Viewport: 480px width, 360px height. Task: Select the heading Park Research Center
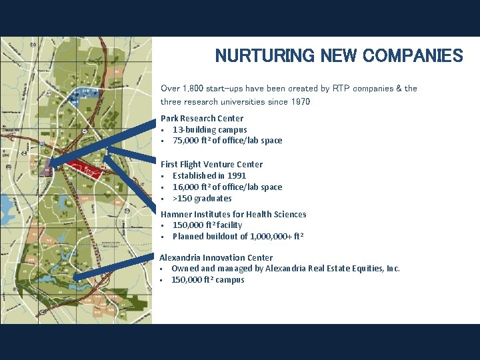[202, 118]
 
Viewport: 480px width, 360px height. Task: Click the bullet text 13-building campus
[209, 129]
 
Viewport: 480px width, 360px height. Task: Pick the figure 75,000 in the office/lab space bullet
[185, 141]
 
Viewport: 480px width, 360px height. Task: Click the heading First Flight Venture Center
[211, 164]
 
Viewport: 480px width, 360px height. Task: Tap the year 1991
[236, 175]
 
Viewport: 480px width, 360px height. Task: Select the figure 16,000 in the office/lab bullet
[185, 187]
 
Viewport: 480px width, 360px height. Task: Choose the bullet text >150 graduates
[202, 198]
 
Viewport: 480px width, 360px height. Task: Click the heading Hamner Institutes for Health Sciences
[233, 214]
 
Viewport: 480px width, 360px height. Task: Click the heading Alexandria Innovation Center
[216, 257]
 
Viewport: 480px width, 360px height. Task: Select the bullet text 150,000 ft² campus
[207, 280]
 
